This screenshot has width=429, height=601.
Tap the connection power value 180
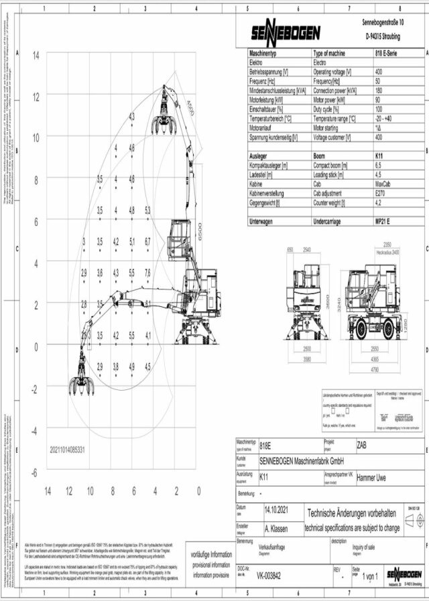pyautogui.click(x=379, y=90)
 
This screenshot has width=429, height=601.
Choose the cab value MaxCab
pyautogui.click(x=383, y=183)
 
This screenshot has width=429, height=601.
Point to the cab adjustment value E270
pyautogui.click(x=380, y=192)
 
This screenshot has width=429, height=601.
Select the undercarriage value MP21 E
pyautogui.click(x=385, y=220)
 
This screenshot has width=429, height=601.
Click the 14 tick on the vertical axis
pyautogui.click(x=36, y=54)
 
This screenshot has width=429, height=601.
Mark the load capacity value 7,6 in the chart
pyautogui.click(x=148, y=273)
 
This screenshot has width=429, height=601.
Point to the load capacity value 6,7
pyautogui.click(x=148, y=241)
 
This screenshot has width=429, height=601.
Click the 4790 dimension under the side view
pyautogui.click(x=375, y=369)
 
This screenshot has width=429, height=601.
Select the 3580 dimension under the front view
pyautogui.click(x=308, y=360)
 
